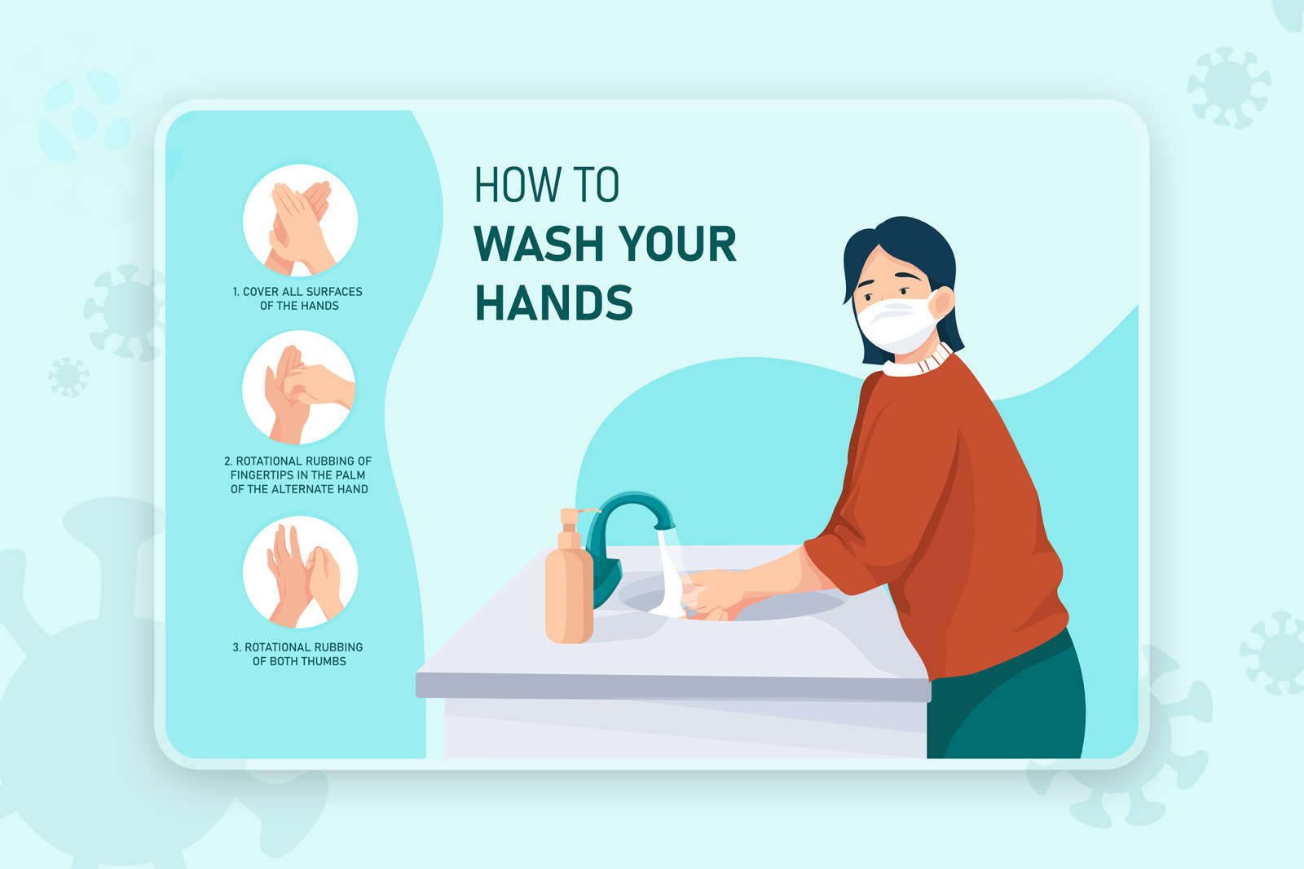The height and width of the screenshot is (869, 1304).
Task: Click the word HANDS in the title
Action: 553,302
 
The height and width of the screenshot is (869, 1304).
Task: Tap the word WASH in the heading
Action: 539,244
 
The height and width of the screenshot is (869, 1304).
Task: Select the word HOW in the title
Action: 518,184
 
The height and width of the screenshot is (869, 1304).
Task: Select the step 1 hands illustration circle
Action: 300,220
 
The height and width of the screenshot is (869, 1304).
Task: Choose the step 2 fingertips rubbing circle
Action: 298,387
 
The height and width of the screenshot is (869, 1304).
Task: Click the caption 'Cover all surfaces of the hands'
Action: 297,298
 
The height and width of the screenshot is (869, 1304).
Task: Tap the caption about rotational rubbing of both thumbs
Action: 297,654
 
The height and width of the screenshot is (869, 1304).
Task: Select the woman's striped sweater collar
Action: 918,362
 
